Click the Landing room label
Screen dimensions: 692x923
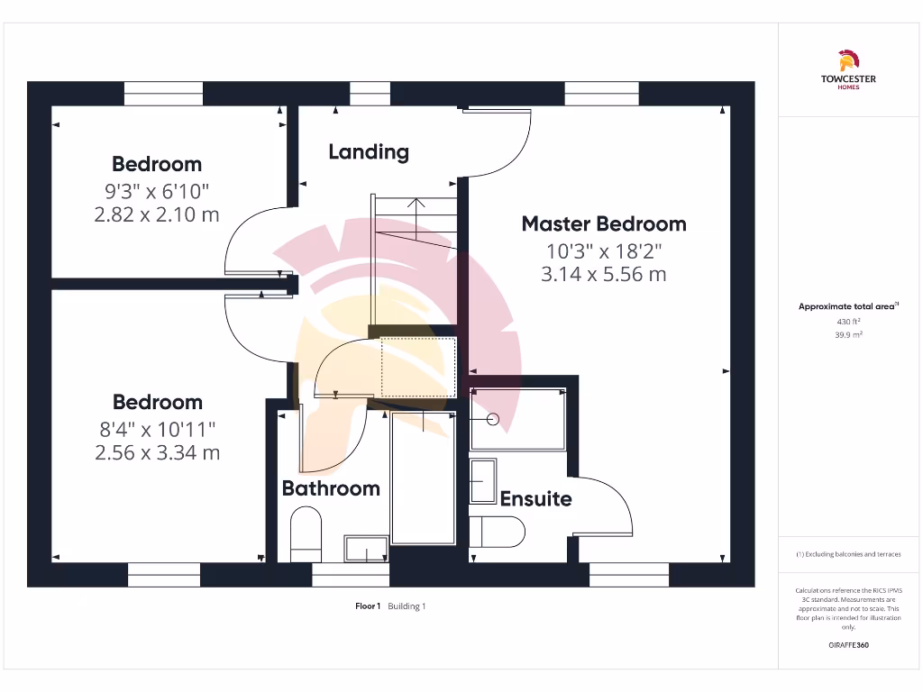368,152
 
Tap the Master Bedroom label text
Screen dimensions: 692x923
603,223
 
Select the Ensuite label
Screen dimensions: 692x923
535,498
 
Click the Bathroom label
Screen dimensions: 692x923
331,488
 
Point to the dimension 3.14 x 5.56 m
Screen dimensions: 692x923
603,275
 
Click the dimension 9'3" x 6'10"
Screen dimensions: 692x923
157,191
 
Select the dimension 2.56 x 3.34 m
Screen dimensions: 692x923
157,452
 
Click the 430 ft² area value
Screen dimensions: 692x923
847,321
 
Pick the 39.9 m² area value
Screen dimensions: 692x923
847,333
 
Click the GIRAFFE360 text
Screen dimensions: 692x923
847,645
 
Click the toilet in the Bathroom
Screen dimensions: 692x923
306,533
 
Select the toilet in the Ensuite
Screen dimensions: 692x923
497,532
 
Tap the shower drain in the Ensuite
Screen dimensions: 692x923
492,419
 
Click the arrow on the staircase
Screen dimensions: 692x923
416,204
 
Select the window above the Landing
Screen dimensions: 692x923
370,94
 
